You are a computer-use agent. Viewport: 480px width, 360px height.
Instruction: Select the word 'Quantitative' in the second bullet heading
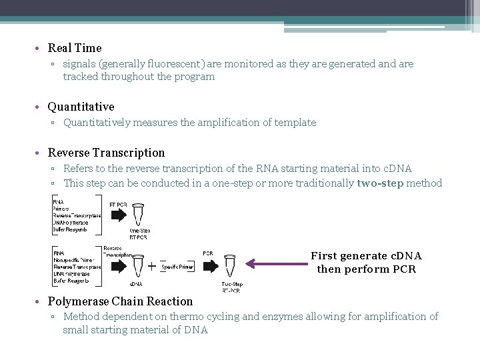pyautogui.click(x=81, y=107)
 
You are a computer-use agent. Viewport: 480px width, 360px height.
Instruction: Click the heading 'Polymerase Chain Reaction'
pyautogui.click(x=120, y=301)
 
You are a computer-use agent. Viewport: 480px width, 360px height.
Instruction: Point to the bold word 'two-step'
pyautogui.click(x=380, y=183)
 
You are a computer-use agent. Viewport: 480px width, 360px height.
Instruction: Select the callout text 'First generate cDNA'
pyautogui.click(x=366, y=256)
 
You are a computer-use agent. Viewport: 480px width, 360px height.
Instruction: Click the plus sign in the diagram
pyautogui.click(x=153, y=267)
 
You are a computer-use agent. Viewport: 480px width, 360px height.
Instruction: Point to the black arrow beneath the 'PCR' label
pyautogui.click(x=209, y=265)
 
